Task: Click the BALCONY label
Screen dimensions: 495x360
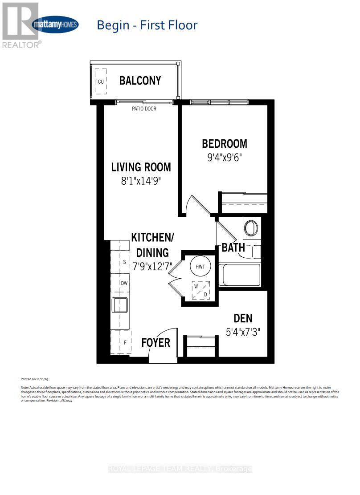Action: (x=140, y=81)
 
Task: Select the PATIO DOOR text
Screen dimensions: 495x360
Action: (x=144, y=109)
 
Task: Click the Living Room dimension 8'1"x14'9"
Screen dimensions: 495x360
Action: (x=141, y=182)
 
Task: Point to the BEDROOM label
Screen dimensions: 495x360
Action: (x=225, y=144)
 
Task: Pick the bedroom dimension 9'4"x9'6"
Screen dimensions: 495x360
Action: (x=225, y=158)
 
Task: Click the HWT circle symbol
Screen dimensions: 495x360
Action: (x=199, y=266)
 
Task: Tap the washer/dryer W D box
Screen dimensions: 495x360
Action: (x=200, y=290)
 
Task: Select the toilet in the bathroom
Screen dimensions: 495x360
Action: (x=251, y=228)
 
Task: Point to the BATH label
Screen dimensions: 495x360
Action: (x=233, y=247)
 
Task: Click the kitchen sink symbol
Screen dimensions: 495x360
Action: (x=120, y=305)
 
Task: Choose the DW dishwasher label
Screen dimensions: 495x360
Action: (x=125, y=283)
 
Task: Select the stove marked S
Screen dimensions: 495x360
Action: (x=124, y=262)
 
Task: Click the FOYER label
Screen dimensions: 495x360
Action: (x=156, y=342)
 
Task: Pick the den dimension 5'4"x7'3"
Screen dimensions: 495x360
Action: (x=243, y=332)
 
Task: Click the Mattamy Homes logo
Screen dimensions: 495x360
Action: (x=55, y=25)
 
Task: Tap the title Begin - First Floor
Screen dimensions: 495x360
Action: (x=147, y=25)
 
